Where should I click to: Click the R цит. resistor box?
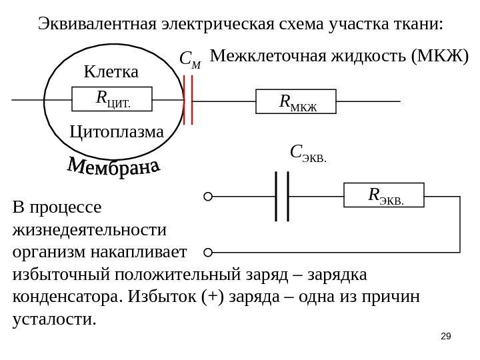(112, 99)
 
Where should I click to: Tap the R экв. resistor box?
(385, 196)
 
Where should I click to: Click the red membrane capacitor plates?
(189, 100)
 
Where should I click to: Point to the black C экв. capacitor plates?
(281, 196)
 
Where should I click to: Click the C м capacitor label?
(190, 61)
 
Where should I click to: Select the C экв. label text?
(309, 154)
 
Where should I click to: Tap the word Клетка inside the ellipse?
(111, 71)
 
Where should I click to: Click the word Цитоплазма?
(116, 132)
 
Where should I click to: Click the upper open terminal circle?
(208, 197)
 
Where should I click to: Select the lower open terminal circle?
(208, 253)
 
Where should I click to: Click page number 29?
(447, 337)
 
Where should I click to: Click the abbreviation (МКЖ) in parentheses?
(440, 56)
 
